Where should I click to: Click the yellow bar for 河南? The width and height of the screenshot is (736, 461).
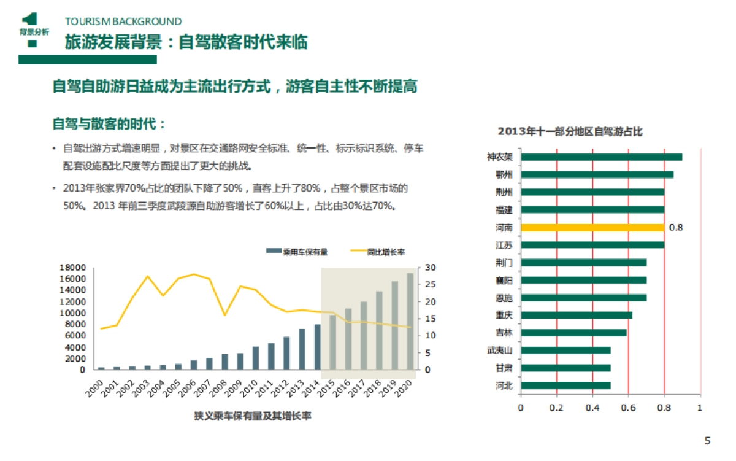click(592, 227)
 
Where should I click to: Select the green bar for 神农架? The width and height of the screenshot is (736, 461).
click(601, 157)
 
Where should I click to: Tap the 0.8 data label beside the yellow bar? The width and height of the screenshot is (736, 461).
click(675, 227)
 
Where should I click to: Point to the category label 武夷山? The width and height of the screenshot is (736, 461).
click(504, 351)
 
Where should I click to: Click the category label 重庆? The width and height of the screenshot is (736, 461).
click(504, 316)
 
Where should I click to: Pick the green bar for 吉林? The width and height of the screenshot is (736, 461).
click(573, 333)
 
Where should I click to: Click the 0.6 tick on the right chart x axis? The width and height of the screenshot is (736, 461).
click(628, 408)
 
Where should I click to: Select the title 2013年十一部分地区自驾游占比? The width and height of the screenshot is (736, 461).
click(570, 131)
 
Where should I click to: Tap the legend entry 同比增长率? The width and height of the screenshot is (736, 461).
click(385, 251)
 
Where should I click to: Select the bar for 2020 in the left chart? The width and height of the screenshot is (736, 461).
click(411, 321)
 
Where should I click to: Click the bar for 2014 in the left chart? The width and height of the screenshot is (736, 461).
click(318, 347)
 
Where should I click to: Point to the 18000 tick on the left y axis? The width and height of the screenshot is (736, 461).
click(72, 268)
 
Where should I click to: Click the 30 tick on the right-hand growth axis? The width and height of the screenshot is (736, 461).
click(430, 268)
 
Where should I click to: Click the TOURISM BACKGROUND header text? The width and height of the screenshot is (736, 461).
click(123, 22)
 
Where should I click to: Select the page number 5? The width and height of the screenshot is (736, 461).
click(707, 440)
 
